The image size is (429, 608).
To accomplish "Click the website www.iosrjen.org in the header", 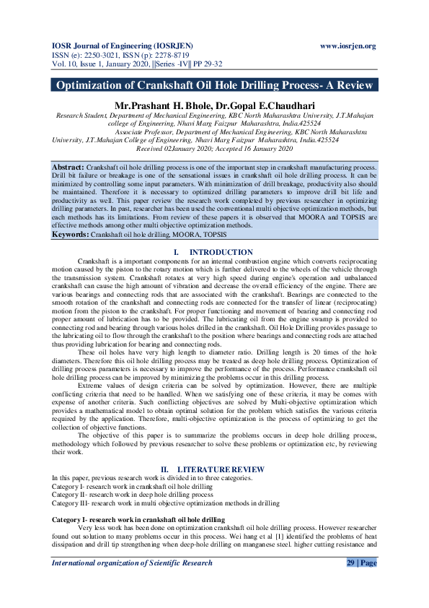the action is pos(348,46).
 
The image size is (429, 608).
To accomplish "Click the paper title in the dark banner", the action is pos(214,85).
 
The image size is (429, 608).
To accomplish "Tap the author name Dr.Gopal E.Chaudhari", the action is pos(267,105).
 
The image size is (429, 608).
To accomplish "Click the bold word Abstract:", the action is pos(68,167).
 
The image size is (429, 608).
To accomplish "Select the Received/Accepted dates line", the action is pos(214,148).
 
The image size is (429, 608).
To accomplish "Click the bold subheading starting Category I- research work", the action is pos(138,520).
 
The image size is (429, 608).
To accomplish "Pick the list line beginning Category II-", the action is pos(132,495).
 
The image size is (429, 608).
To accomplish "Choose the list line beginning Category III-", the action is pos(165,503).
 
